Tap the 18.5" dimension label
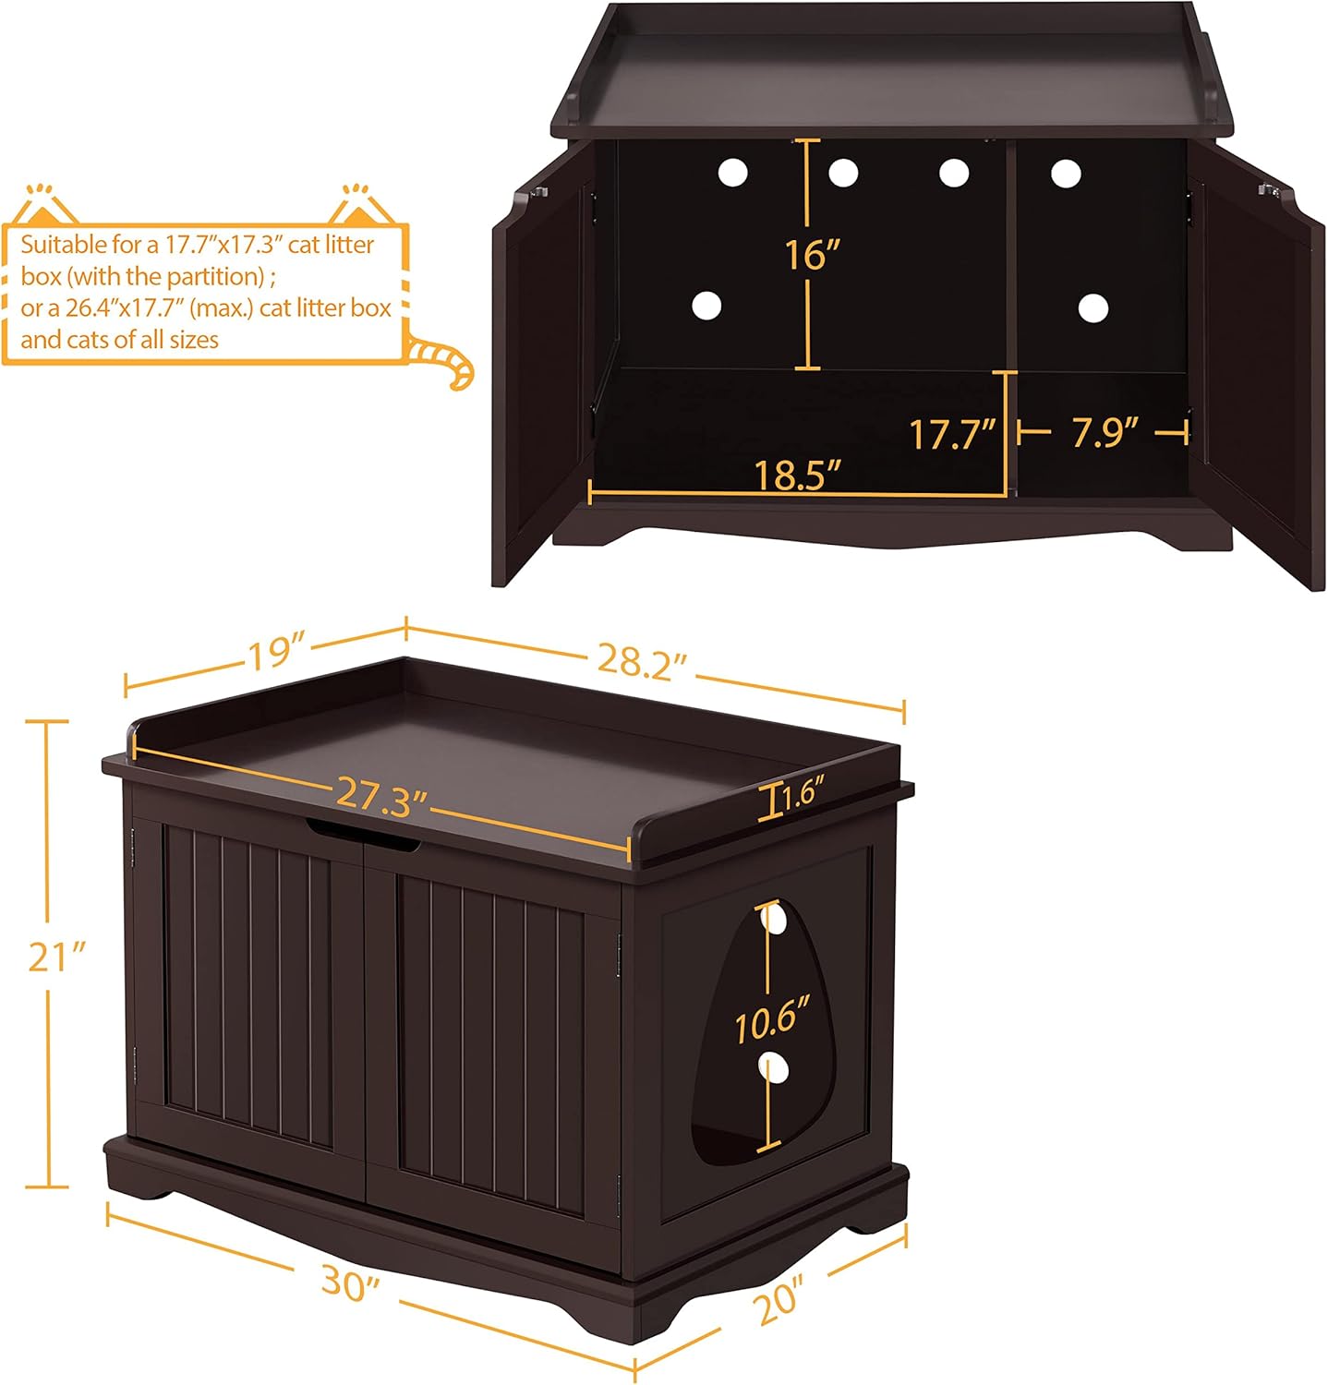click(798, 475)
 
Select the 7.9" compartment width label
click(1104, 431)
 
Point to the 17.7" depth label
click(952, 434)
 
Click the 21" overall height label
click(55, 957)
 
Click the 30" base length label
click(350, 1283)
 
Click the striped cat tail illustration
click(443, 360)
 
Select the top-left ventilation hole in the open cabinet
click(731, 172)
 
